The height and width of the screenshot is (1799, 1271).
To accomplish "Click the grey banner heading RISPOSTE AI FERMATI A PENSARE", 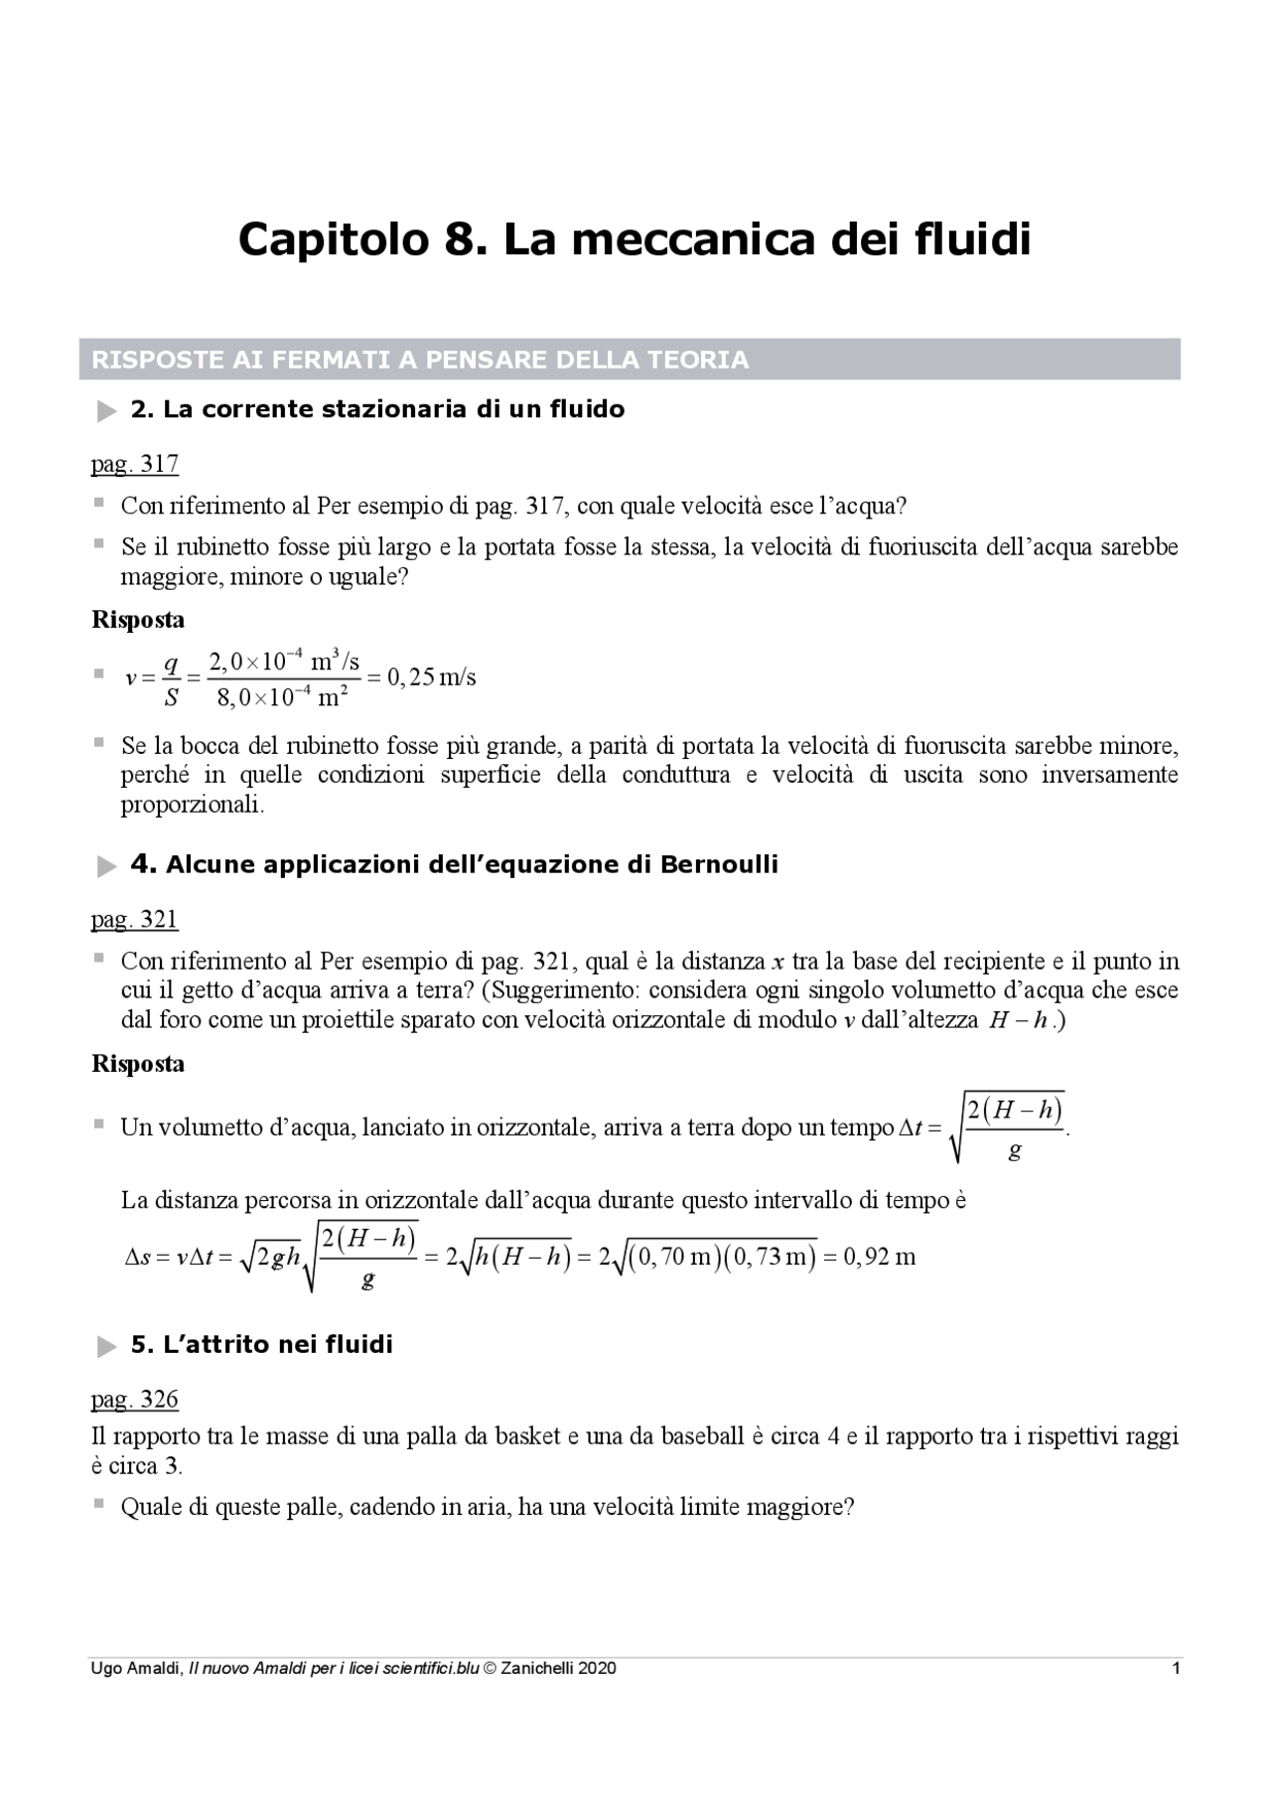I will click(420, 360).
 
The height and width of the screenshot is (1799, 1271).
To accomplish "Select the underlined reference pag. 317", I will click(134, 464).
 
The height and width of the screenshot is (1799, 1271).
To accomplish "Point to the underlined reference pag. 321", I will click(134, 919).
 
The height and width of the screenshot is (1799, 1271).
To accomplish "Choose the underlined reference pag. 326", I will click(134, 1399).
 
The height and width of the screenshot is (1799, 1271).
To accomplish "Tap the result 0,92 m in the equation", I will click(879, 1257).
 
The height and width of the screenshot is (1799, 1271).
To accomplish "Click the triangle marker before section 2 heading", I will click(106, 411).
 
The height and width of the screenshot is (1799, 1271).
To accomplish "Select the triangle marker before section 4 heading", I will click(106, 867).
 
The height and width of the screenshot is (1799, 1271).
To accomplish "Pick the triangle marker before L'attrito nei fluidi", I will click(106, 1347).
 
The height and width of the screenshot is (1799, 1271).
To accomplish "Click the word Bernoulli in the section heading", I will click(719, 865).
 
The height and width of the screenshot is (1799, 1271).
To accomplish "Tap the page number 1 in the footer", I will click(1176, 1668).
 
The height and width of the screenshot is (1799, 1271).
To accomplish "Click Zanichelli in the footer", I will click(537, 1668).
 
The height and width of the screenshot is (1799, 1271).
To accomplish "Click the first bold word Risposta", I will click(138, 620).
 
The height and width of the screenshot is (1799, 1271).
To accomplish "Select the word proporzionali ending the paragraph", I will click(193, 805).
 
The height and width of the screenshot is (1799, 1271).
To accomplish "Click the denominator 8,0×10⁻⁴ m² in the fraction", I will click(282, 697).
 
